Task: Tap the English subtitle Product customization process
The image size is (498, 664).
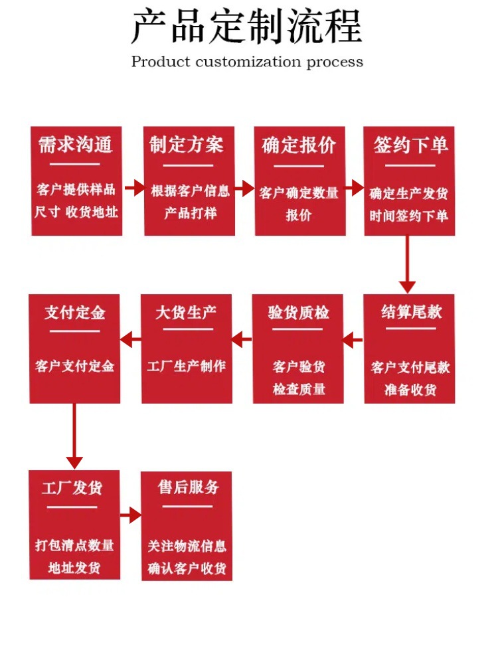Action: [247, 62]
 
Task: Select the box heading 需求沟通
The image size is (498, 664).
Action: [75, 145]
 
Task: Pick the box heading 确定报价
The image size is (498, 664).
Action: [299, 145]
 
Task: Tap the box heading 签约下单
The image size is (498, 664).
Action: [410, 145]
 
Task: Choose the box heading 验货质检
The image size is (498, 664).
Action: [299, 312]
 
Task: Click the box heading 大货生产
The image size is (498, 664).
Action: [186, 312]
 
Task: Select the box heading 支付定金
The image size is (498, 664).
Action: [74, 312]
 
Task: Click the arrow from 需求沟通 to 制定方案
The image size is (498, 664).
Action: [133, 188]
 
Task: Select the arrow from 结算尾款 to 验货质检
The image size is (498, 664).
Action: [353, 341]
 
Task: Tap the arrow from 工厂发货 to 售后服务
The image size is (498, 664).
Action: [131, 515]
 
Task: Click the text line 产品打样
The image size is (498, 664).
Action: [191, 214]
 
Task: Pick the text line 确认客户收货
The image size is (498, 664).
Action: [187, 569]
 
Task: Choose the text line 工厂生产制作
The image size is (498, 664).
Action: [187, 366]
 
